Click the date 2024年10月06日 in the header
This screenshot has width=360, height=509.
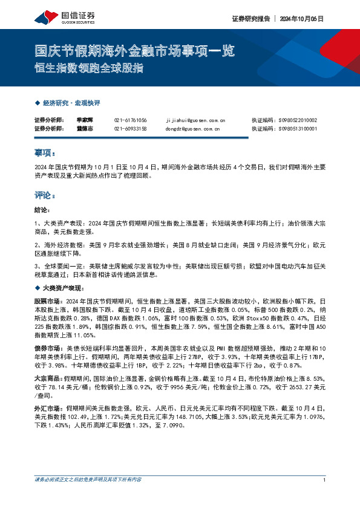point(302,19)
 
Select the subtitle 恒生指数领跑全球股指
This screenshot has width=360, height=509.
point(88,68)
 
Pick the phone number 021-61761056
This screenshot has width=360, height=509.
point(130,120)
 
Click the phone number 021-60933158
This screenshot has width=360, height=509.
point(130,128)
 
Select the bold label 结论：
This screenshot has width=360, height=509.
point(44,210)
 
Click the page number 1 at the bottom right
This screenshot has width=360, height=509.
point(326,497)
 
